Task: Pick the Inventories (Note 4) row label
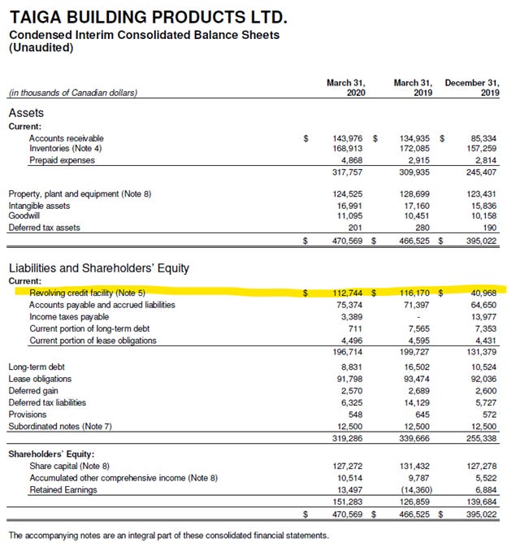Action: point(67,149)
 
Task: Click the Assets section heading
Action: point(26,113)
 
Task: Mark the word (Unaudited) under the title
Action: point(41,47)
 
